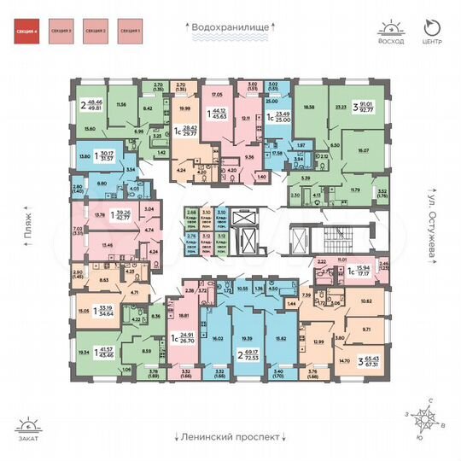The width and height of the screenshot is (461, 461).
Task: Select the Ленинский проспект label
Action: [x=230, y=435]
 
